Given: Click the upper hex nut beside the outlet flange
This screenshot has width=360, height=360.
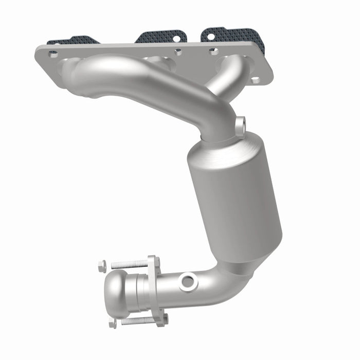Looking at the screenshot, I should click(102, 266).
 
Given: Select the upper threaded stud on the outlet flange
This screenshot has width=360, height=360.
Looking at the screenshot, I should click(129, 264).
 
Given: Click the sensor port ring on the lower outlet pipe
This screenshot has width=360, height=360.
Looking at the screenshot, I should click(187, 281).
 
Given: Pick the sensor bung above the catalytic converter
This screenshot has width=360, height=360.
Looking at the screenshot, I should click(241, 123).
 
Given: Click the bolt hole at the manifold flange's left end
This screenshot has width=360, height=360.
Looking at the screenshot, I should click(53, 53).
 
